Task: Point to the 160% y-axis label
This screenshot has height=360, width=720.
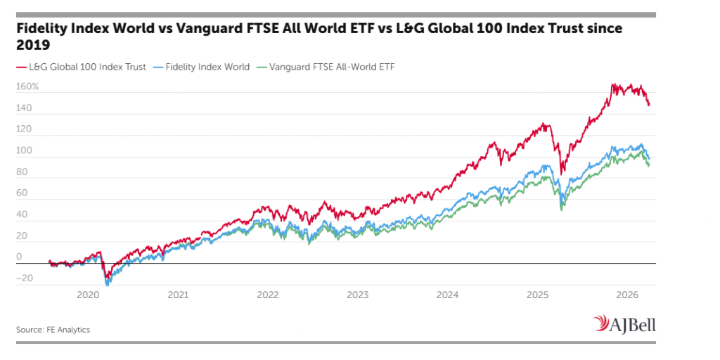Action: coord(27,87)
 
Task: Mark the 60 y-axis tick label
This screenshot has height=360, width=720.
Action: coord(22,193)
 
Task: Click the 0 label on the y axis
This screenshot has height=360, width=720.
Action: coord(19,257)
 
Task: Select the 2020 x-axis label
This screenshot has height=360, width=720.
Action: coord(89,295)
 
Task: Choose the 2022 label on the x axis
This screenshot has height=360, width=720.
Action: coord(268,295)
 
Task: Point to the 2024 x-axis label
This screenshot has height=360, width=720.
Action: coord(448,295)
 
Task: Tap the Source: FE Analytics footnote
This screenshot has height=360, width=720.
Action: coord(53,329)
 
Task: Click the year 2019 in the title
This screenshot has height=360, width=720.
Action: coord(33,44)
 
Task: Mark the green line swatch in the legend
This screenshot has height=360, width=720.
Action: coord(262,67)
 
